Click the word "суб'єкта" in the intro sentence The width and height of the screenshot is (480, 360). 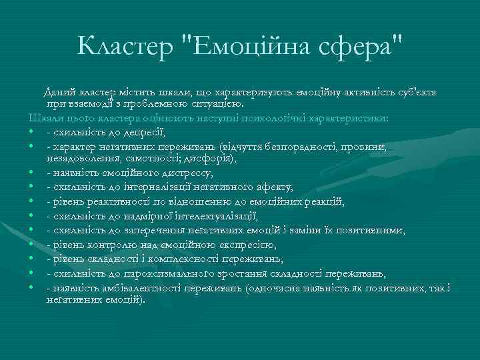[425, 91]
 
